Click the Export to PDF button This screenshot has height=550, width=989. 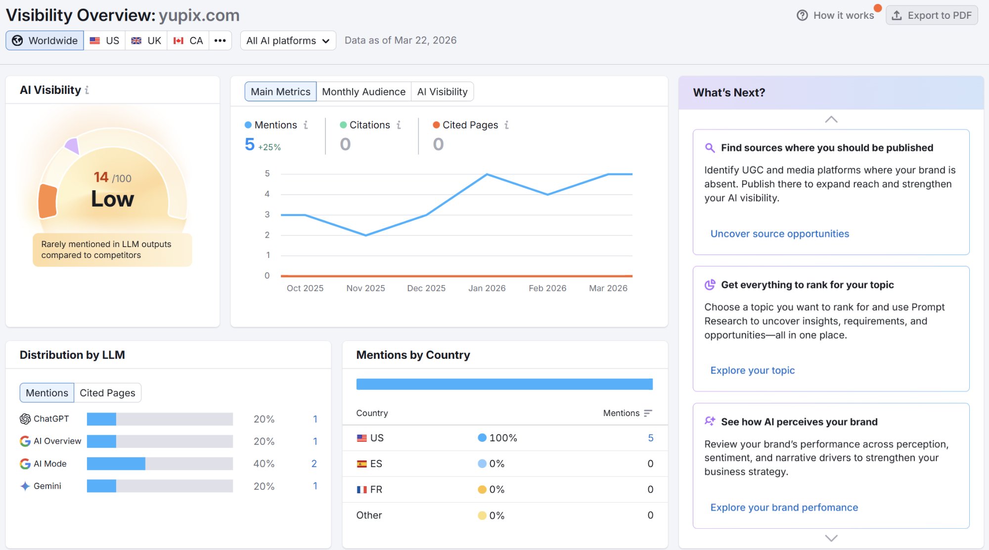tap(932, 15)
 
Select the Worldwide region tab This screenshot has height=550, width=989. tap(45, 41)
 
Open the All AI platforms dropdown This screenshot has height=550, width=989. tap(288, 41)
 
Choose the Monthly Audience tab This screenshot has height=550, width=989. tap(363, 92)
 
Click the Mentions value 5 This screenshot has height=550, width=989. tap(250, 144)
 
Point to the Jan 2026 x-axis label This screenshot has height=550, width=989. tap(487, 288)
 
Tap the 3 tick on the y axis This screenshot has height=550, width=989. tap(267, 214)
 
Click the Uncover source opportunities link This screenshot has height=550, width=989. tap(779, 234)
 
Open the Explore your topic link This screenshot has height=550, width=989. tap(752, 371)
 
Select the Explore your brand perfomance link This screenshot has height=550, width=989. tap(784, 508)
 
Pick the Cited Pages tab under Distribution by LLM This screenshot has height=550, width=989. tap(107, 393)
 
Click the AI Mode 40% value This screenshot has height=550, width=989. tap(264, 464)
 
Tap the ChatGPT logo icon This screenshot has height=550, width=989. tap(25, 419)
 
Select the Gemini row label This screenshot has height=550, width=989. tap(47, 486)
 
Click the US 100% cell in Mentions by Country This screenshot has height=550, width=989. tap(497, 438)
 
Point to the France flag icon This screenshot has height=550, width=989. tap(362, 490)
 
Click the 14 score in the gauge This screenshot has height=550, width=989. tap(101, 177)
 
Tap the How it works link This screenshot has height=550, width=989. tap(836, 15)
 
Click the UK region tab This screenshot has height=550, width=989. tap(146, 41)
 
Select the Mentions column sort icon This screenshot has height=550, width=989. tap(648, 413)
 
